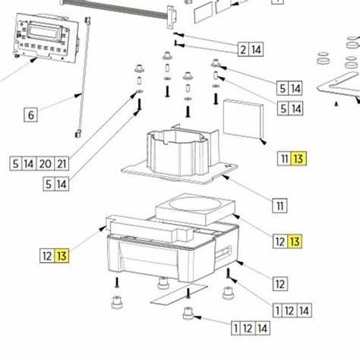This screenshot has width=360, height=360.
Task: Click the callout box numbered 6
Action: click(x=30, y=115)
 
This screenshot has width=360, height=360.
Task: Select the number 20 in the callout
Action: click(x=46, y=163)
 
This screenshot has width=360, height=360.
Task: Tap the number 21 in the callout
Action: click(x=62, y=163)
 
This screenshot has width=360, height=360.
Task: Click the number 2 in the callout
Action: click(x=243, y=50)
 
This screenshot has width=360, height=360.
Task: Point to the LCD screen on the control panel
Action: click(x=43, y=32)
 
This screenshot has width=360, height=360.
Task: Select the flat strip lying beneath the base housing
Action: click(x=178, y=294)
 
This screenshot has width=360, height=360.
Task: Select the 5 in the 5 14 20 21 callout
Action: click(x=16, y=163)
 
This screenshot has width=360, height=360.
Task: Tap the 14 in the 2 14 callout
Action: click(x=257, y=50)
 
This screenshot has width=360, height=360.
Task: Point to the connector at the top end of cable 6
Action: click(x=89, y=21)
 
